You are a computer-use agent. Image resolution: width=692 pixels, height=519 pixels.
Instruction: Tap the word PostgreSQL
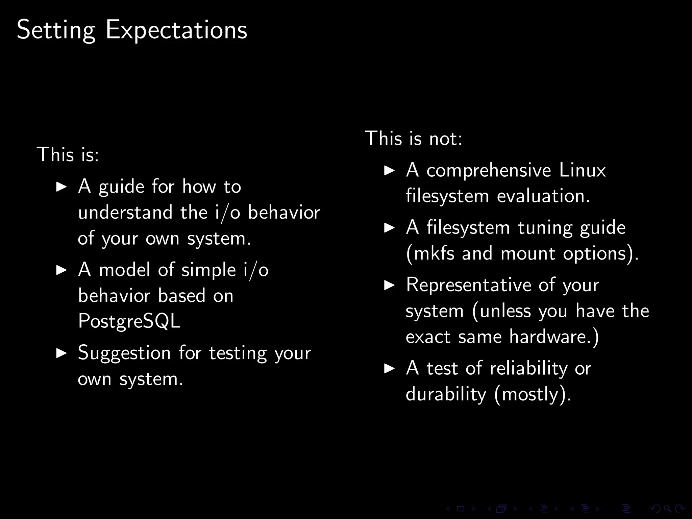(x=129, y=321)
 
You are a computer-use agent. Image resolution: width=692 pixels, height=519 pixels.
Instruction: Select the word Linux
(x=582, y=170)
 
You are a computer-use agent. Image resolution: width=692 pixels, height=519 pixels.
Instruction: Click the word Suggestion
(x=124, y=353)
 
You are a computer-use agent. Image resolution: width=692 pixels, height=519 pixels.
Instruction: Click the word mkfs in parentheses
(x=434, y=253)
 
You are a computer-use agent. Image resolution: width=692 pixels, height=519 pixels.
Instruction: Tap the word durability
(x=446, y=394)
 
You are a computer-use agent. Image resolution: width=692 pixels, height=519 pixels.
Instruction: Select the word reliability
(x=529, y=368)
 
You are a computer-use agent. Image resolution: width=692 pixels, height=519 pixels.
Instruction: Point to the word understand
(x=125, y=213)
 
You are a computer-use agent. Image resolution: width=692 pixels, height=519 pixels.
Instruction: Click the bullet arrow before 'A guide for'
(x=61, y=187)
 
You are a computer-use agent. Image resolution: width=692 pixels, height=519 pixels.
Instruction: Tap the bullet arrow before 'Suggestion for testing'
(x=61, y=353)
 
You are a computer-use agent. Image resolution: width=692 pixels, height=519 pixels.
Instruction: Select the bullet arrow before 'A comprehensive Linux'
(x=390, y=171)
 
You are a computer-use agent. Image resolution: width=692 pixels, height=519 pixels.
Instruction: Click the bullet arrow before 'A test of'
(x=390, y=368)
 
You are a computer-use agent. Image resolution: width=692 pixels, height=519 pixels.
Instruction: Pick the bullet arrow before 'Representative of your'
(x=390, y=286)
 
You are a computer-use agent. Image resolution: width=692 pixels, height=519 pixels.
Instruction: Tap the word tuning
(x=545, y=228)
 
